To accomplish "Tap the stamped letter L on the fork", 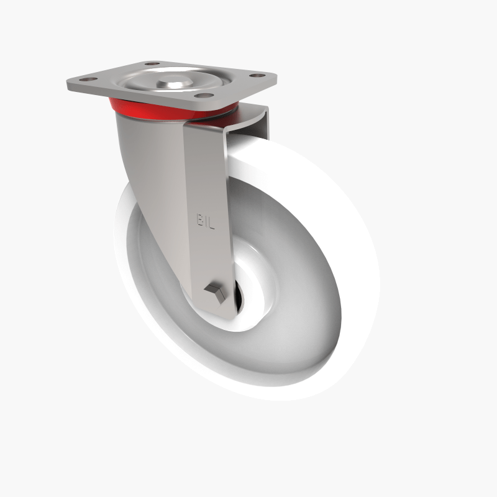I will point(212,221).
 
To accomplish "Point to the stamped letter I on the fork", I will point(206,221).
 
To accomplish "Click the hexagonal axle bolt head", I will point(214,290).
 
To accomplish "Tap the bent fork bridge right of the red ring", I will point(248,121).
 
